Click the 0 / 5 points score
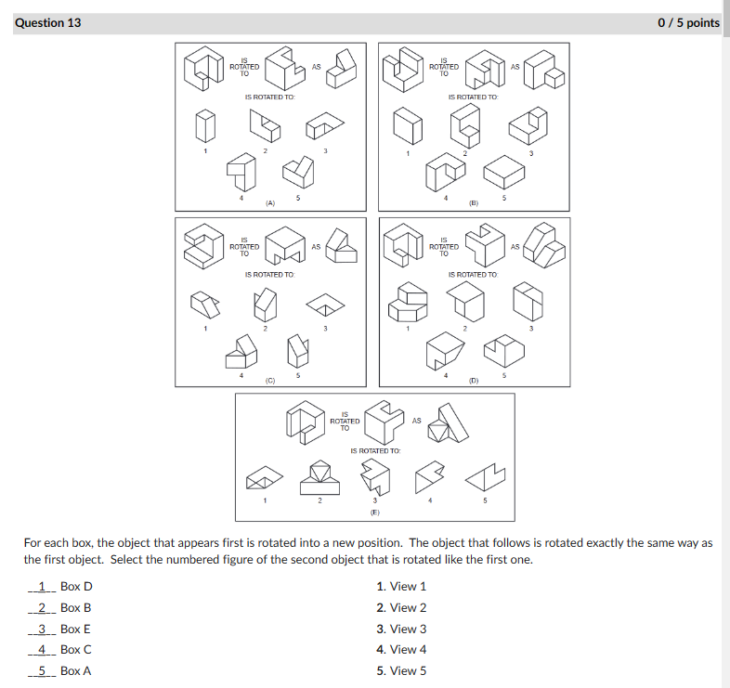click(x=687, y=22)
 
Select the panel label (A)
click(x=269, y=201)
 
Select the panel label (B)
click(x=473, y=201)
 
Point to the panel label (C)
click(x=269, y=380)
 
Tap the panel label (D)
click(x=473, y=380)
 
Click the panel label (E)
click(x=374, y=512)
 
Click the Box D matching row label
click(x=76, y=586)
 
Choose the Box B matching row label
click(x=76, y=607)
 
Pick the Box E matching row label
click(x=76, y=629)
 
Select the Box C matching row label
click(x=76, y=650)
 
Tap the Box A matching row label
click(x=76, y=670)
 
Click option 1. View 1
click(x=401, y=586)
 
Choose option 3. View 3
click(x=401, y=629)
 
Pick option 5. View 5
click(x=401, y=670)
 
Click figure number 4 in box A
click(x=241, y=197)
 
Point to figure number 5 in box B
click(x=504, y=197)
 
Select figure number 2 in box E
click(x=319, y=501)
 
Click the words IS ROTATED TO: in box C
click(x=269, y=275)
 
